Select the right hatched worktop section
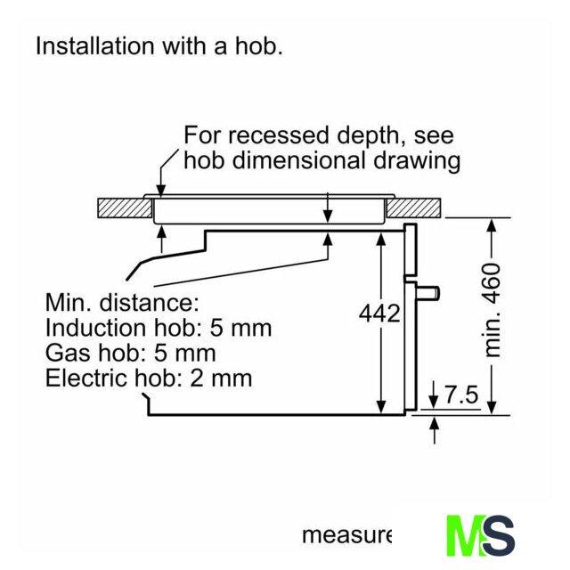414,208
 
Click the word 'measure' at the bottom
346,535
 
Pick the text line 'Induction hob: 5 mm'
159,328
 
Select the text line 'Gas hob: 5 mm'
131,353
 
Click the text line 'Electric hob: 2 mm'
149,378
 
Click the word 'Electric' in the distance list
85,378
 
